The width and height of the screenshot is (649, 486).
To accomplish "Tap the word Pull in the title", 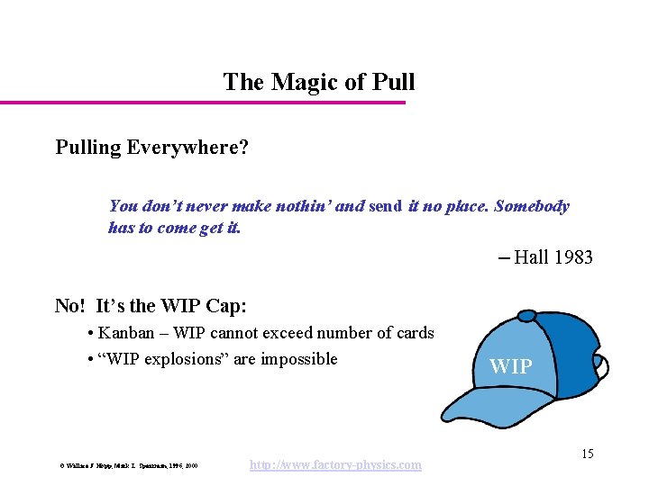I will (394, 82).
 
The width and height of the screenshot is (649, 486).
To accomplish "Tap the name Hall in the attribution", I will (531, 257).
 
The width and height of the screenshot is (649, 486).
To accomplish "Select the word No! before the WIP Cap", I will (71, 305).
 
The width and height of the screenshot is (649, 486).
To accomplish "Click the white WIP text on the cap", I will (510, 366).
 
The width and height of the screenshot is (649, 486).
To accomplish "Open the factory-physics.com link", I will (334, 464).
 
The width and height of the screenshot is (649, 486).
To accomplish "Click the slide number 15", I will (587, 454).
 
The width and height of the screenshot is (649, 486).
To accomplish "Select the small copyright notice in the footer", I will (125, 466).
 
